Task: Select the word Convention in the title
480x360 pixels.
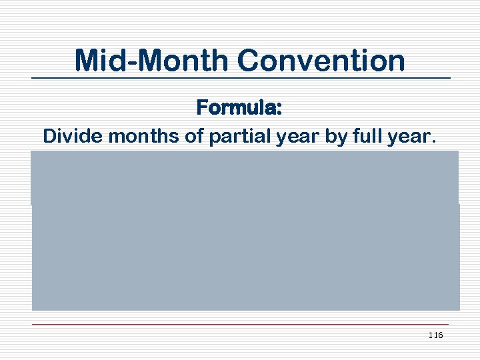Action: point(320,60)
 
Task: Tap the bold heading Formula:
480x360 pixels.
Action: point(239,107)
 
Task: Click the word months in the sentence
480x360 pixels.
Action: point(135,136)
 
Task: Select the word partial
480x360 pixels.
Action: point(232,136)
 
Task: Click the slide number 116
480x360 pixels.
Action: point(435,335)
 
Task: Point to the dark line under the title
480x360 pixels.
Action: point(240,79)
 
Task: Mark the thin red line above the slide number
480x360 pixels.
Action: point(240,325)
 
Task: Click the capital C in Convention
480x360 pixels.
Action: point(247,60)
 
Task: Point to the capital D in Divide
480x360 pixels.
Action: point(49,136)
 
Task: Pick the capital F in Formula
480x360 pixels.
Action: point(201,107)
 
